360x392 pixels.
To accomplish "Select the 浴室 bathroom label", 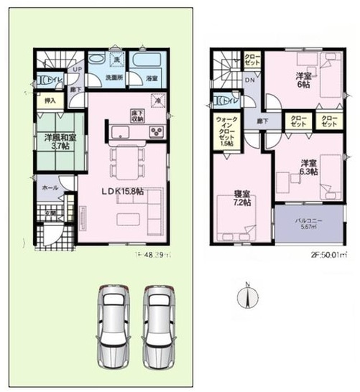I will [x=152, y=78].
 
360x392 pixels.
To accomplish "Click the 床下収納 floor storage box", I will [x=137, y=115].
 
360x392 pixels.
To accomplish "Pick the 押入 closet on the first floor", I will [x=50, y=101].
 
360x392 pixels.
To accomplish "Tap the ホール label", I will [x=50, y=187].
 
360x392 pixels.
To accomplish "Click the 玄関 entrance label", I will [x=50, y=213].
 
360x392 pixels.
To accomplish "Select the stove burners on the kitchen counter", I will [x=157, y=131].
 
